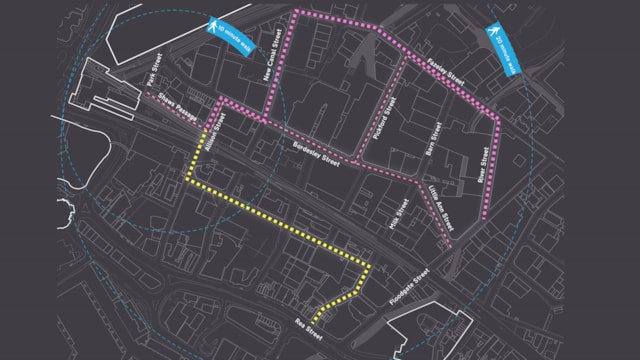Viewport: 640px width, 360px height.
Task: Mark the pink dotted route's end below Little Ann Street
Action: [x=451, y=245]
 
